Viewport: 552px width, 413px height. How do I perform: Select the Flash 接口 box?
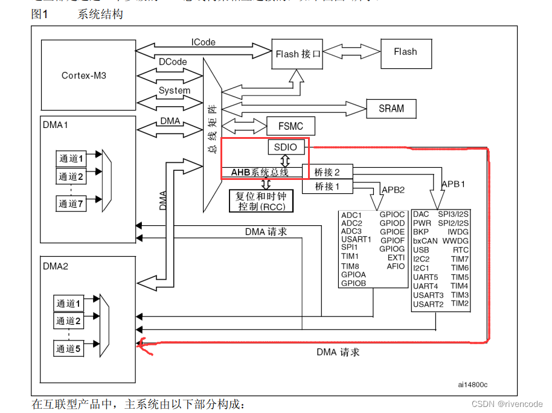pyautogui.click(x=297, y=54)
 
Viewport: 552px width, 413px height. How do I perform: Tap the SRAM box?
pyautogui.click(x=391, y=109)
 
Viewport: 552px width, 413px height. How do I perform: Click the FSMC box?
pyautogui.click(x=291, y=127)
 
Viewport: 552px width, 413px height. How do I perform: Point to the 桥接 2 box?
pyautogui.click(x=328, y=173)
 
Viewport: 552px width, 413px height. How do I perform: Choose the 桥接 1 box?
pyautogui.click(x=328, y=187)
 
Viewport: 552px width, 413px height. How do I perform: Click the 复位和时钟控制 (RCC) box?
pyautogui.click(x=261, y=201)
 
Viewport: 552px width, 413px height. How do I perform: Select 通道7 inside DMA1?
pyautogui.click(x=71, y=203)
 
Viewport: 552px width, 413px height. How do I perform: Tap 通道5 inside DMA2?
pyautogui.click(x=68, y=348)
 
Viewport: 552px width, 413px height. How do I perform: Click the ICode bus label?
pyautogui.click(x=203, y=42)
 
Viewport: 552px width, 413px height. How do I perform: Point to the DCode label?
pyautogui.click(x=173, y=62)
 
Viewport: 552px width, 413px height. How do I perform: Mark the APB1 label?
pyautogui.click(x=453, y=184)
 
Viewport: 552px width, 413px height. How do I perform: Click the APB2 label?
pyautogui.click(x=392, y=190)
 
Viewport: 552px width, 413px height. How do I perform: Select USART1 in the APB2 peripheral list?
pyautogui.click(x=356, y=240)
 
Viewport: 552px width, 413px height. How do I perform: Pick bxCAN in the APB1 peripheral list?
pyautogui.click(x=425, y=241)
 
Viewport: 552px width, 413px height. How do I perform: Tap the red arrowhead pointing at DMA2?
pyautogui.click(x=142, y=344)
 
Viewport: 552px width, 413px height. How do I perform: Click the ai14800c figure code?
pyautogui.click(x=472, y=384)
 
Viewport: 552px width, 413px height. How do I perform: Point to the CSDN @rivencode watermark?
pyautogui.click(x=507, y=404)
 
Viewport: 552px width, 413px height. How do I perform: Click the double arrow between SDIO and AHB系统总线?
pyautogui.click(x=284, y=161)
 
